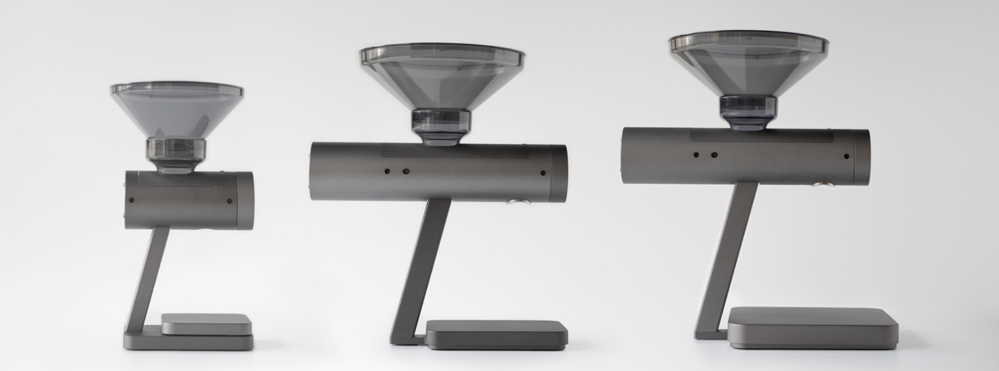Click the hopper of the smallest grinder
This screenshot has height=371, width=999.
click(177, 113)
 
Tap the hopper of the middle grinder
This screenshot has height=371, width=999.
click(442, 79)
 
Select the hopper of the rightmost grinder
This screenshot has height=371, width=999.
click(748, 67)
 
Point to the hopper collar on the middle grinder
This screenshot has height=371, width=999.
click(442, 126)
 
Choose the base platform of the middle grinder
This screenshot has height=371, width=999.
click(497, 333)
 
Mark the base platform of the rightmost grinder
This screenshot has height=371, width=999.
click(810, 324)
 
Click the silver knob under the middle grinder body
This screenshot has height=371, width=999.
click(515, 202)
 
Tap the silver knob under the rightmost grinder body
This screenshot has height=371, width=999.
click(821, 185)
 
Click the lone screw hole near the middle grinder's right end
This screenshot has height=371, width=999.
click(542, 173)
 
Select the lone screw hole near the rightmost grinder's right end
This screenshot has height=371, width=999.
click(847, 156)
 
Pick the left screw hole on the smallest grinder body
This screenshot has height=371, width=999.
click(132, 200)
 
